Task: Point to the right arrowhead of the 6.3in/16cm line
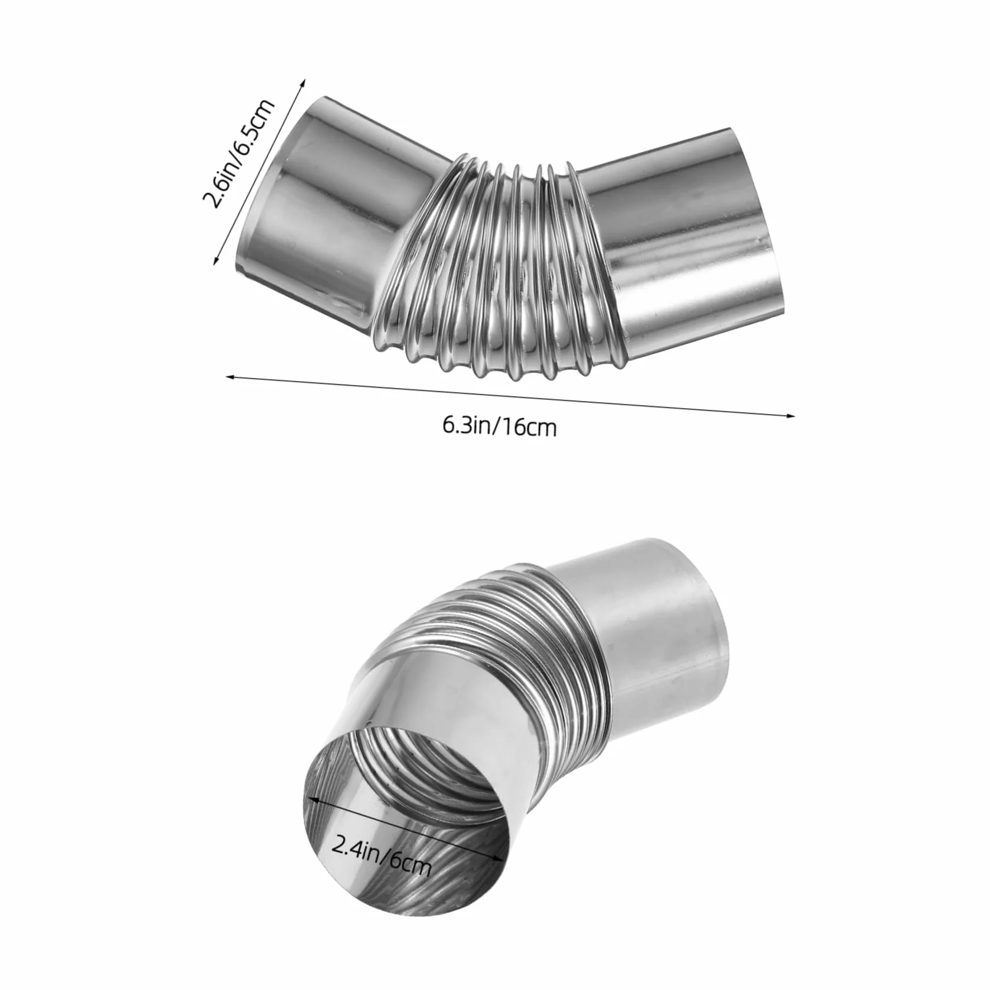pyautogui.click(x=790, y=415)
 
